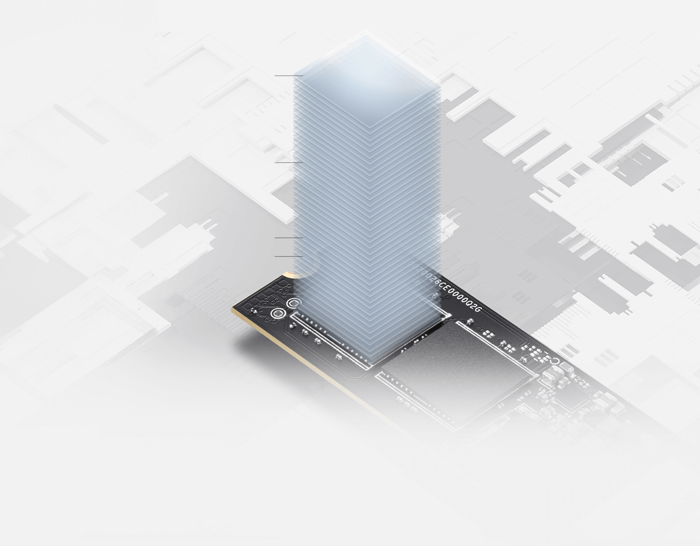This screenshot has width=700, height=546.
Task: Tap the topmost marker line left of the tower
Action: (x=288, y=76)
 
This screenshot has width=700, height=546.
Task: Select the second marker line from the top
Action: (x=288, y=162)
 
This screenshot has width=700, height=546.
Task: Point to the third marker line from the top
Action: (x=288, y=238)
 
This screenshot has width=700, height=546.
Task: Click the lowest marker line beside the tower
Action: (x=288, y=256)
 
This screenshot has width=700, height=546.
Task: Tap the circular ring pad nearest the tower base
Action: (x=294, y=303)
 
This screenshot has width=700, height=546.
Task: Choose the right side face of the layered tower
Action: (x=408, y=222)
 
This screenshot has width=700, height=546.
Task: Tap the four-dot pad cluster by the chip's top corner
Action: (x=488, y=333)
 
